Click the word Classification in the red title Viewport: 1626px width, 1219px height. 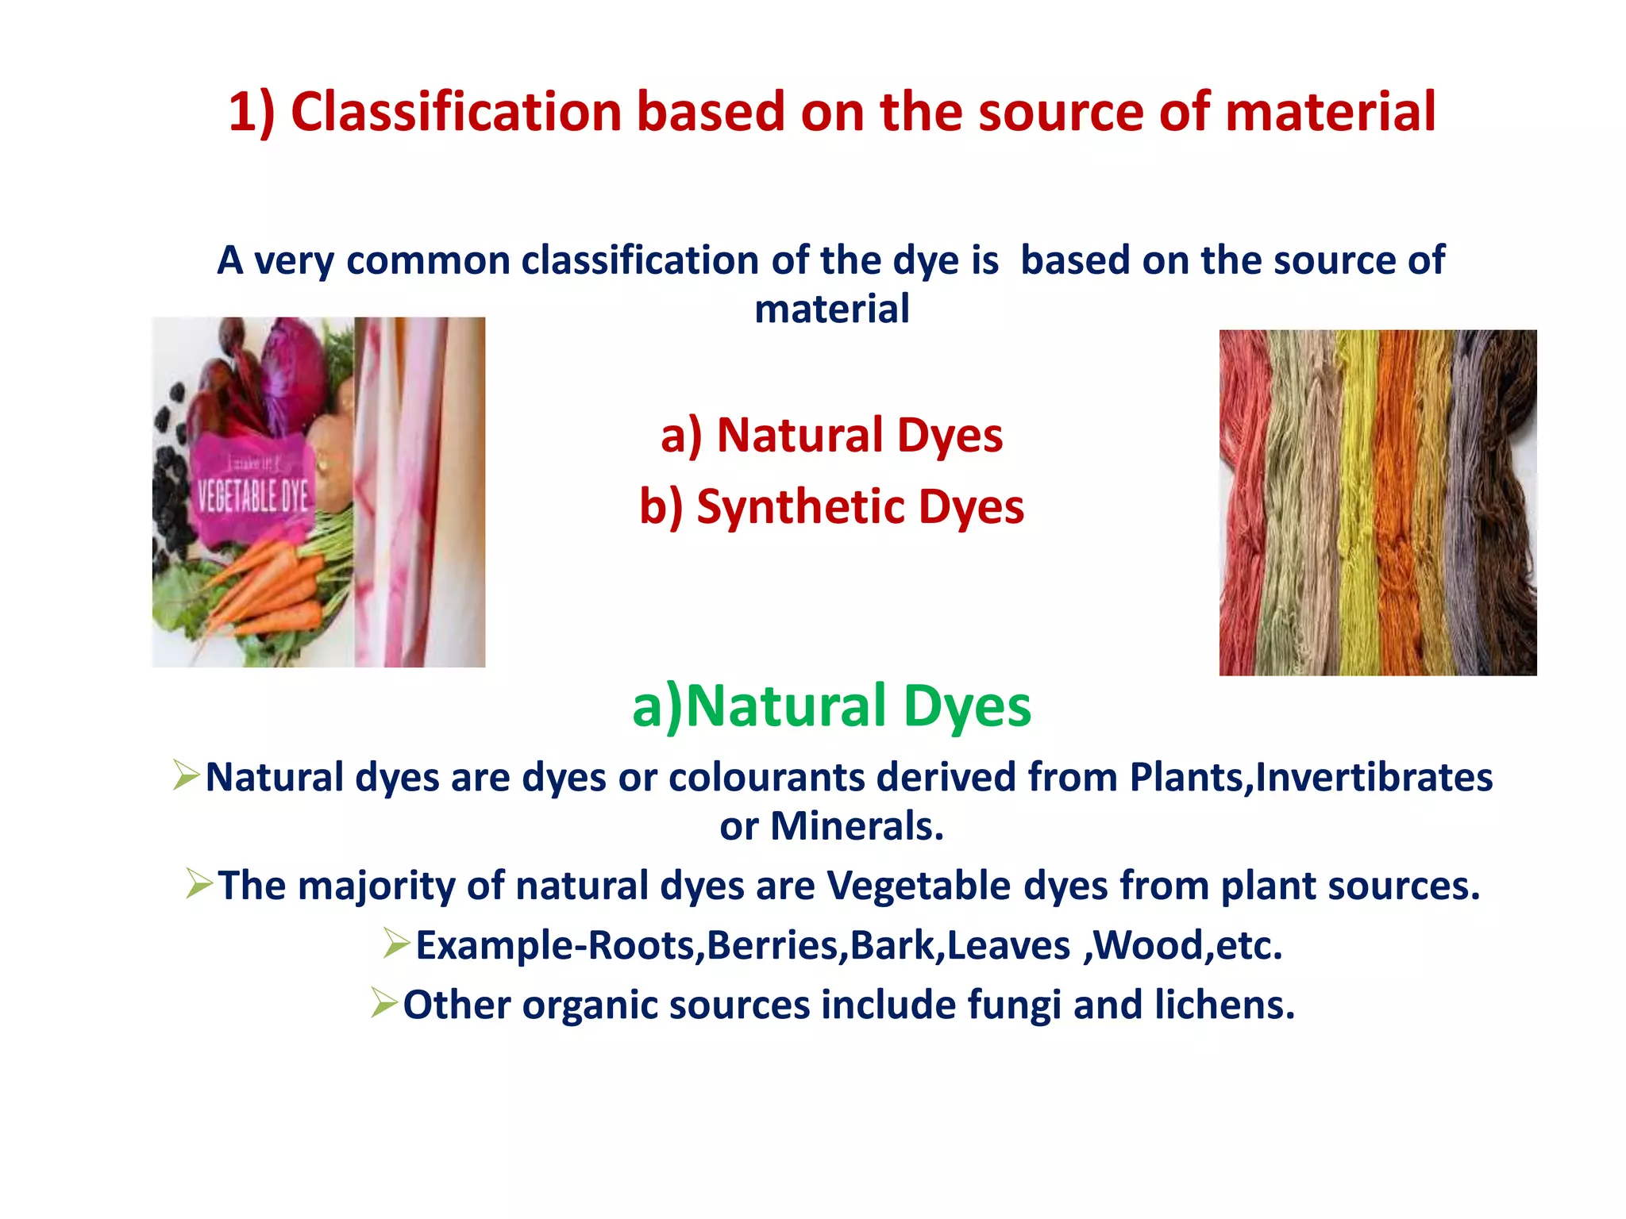click(457, 111)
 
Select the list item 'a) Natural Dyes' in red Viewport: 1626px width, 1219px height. click(831, 436)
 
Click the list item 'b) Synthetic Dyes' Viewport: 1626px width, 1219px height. click(831, 507)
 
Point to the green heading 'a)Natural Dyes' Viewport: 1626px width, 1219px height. click(831, 706)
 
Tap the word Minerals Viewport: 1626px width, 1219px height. click(857, 826)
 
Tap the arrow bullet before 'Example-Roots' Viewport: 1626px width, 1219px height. click(396, 944)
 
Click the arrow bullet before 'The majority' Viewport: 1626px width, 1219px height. click(199, 884)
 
